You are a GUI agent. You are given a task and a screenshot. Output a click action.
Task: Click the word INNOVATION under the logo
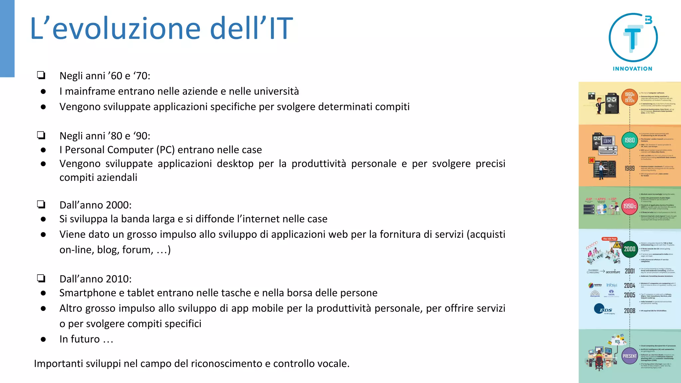632,69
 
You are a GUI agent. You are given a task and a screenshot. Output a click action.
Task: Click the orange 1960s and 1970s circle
629,97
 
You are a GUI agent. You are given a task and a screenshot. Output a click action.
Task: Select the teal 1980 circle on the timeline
629,140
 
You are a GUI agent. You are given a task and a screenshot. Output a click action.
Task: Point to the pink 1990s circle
629,206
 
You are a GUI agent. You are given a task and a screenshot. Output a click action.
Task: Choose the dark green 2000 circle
629,249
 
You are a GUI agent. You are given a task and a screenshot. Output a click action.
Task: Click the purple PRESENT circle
629,356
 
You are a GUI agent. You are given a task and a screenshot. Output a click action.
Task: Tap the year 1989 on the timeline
629,169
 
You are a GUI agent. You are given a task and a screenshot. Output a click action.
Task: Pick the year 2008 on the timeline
629,311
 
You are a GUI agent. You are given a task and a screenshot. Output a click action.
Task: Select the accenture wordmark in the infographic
613,272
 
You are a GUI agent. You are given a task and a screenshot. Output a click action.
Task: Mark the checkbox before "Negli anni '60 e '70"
41,75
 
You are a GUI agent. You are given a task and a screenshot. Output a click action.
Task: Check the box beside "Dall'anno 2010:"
41,278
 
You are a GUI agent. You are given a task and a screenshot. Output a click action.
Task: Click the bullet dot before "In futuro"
43,339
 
